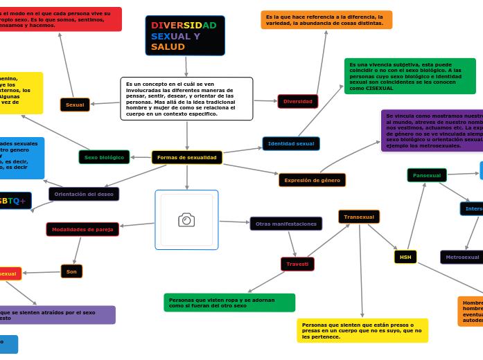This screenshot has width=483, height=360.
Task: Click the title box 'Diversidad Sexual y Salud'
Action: point(184,35)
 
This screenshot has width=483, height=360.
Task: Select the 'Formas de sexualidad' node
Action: point(186,158)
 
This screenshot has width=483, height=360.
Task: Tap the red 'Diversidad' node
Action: point(297,102)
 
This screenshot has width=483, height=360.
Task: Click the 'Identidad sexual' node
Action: point(291,144)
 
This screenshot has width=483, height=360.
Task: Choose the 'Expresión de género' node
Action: point(312,180)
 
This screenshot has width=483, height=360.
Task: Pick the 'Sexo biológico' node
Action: point(104,157)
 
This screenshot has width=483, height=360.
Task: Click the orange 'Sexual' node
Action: point(75,105)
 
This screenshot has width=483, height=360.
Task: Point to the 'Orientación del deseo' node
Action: point(84,194)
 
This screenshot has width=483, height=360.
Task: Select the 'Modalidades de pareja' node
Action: point(82,229)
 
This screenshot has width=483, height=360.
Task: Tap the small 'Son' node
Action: point(71,271)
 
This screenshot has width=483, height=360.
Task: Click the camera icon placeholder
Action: point(186,219)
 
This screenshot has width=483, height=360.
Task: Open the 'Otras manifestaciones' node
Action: point(286,224)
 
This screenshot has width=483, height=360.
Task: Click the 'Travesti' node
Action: point(297,264)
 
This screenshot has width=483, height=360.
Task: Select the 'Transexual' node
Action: point(359,217)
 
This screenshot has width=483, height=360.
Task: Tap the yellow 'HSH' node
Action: point(405,257)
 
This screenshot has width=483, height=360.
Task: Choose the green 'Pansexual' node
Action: point(427,175)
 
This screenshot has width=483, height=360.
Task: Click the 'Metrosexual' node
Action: point(462,257)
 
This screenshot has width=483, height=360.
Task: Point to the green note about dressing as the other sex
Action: point(229,303)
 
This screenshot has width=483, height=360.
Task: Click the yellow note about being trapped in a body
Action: point(362,330)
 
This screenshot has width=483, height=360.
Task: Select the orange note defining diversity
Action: point(326,20)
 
